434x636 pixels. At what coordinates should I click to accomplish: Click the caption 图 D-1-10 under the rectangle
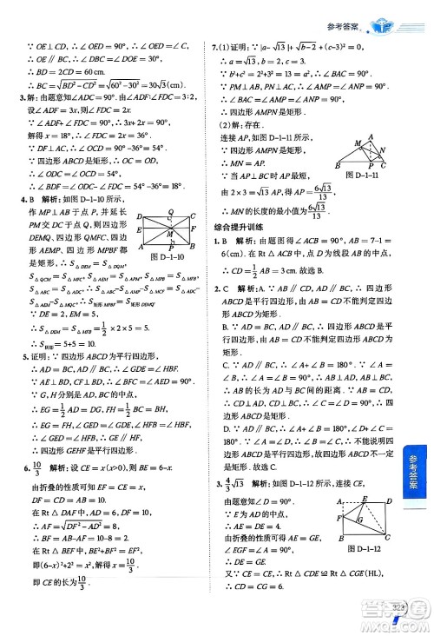pyautogui.click(x=169, y=256)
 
